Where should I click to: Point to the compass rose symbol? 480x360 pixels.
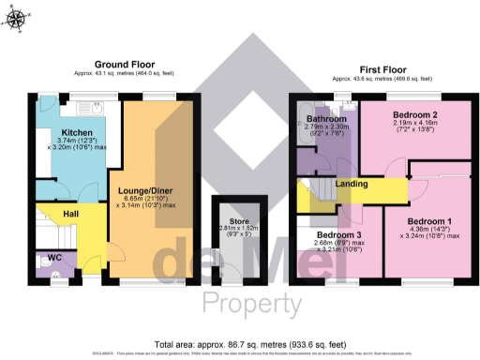20,16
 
